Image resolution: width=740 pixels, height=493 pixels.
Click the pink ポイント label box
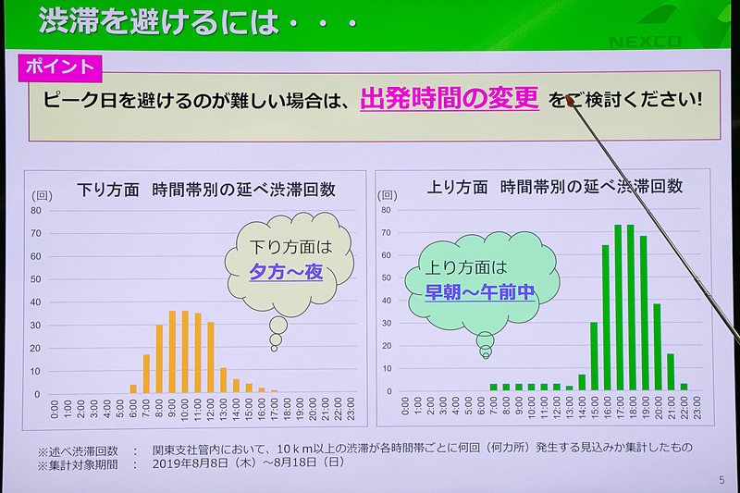coord(62,67)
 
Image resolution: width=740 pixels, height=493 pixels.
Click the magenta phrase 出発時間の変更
coord(450,99)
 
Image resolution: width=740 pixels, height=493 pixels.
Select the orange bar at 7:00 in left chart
coord(146,374)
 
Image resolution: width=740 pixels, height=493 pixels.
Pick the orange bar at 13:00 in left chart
coord(224,380)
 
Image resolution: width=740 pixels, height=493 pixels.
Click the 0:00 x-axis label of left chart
coord(55,410)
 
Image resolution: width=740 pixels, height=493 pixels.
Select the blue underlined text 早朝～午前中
coord(480,293)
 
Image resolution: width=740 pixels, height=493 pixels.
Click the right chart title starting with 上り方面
coord(555,186)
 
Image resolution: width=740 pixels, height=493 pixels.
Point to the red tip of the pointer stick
coord(572,103)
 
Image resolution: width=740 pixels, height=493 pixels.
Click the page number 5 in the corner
coord(721,479)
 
